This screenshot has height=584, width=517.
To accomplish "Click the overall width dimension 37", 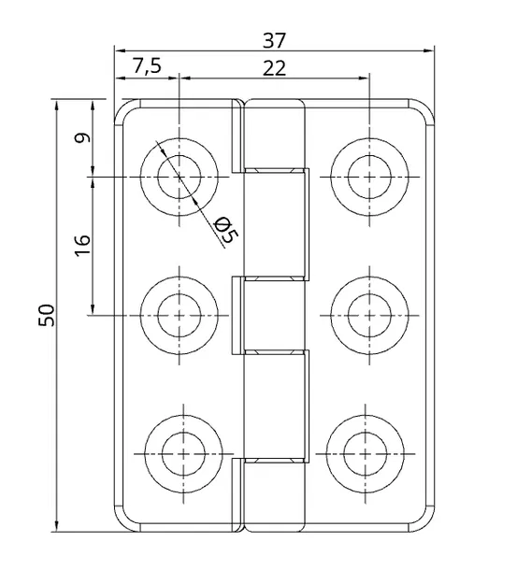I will [x=274, y=40].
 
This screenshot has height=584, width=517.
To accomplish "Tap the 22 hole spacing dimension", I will [x=274, y=66].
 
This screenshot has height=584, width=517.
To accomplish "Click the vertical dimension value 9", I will [x=82, y=137].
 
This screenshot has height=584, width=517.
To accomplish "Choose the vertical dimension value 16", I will [x=82, y=245].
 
